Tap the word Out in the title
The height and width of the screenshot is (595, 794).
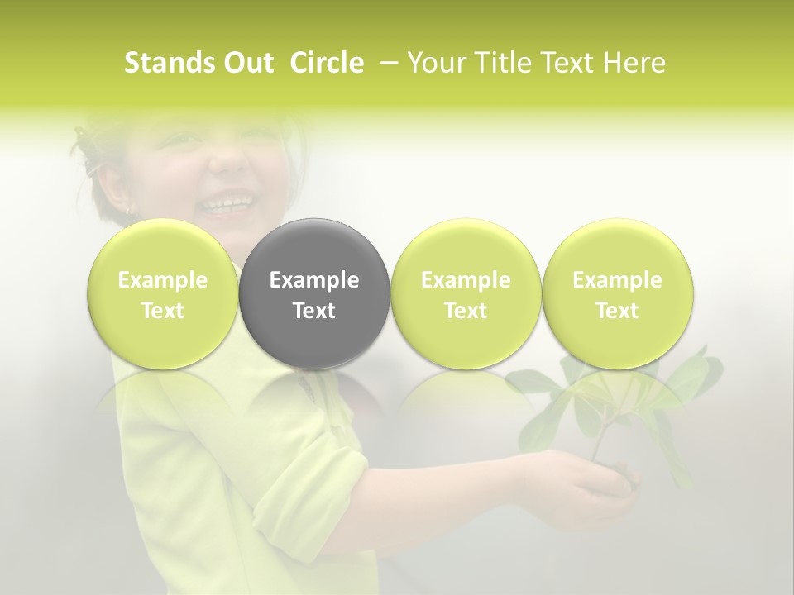coord(248,63)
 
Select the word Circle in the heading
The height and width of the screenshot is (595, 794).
coord(327,63)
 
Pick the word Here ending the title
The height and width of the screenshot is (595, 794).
coord(635,63)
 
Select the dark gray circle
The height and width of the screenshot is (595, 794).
coord(314,293)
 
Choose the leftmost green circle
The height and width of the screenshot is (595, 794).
coord(163,293)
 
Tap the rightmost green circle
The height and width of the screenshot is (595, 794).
coord(617,293)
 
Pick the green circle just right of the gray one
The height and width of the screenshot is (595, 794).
coord(466,293)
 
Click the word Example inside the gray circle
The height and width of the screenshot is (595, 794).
coord(314,280)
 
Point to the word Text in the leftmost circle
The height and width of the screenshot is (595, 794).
coord(163,311)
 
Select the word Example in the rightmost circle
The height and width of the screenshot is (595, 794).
coord(617,280)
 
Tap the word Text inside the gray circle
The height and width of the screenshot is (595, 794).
coord(314,311)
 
